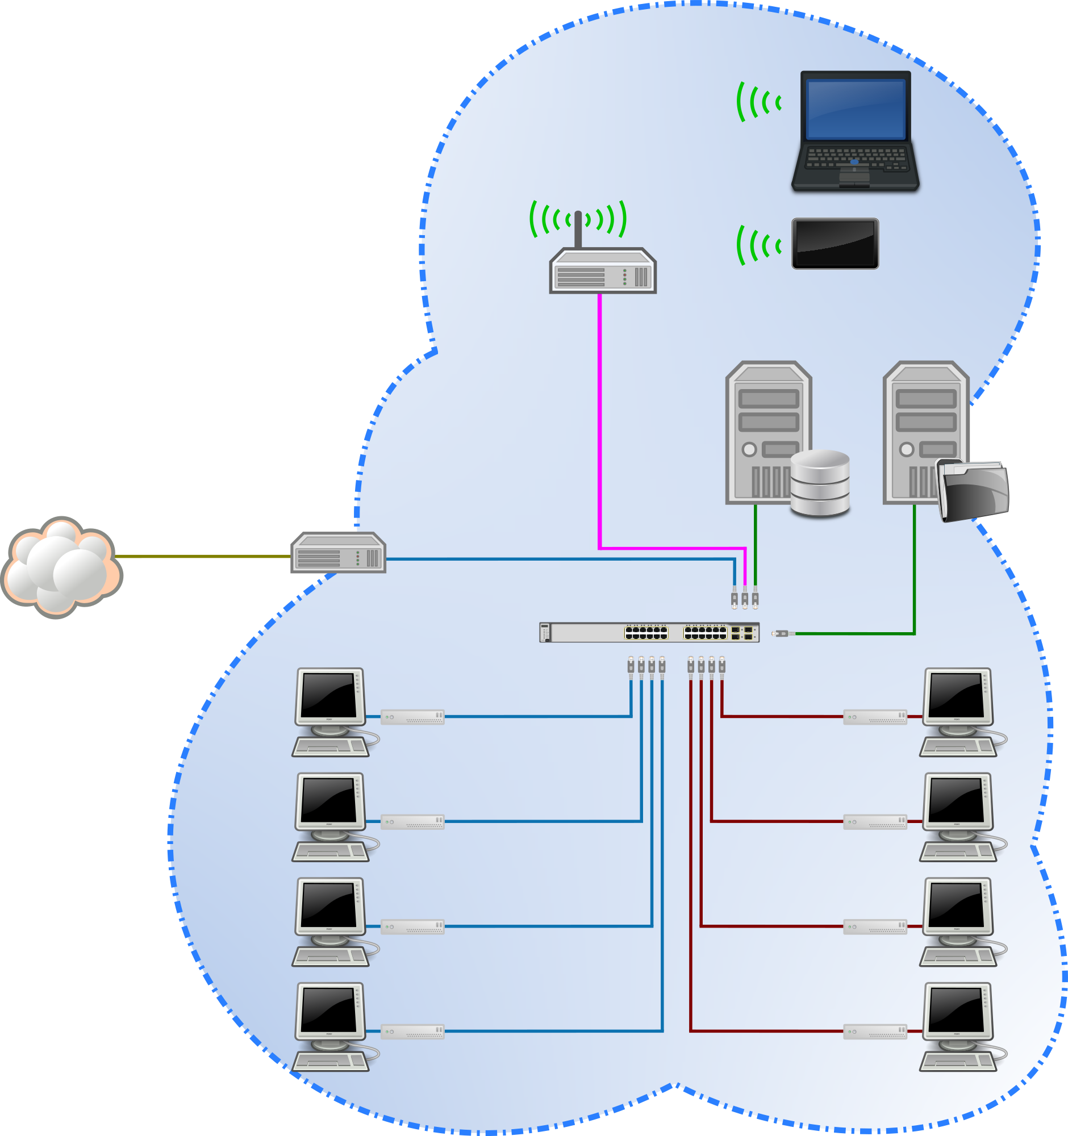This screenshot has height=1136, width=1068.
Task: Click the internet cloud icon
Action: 61,566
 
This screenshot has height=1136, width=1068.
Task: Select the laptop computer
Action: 855,130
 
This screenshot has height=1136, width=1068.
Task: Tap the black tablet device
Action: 835,244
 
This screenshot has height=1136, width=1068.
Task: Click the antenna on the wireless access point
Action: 578,229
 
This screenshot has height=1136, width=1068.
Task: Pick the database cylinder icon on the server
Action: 820,483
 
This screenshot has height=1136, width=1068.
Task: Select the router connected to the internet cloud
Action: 338,553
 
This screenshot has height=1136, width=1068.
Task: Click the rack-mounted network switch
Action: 649,633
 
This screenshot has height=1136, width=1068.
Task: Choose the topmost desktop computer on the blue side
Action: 331,712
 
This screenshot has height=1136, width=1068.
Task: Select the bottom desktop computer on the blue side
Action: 331,1027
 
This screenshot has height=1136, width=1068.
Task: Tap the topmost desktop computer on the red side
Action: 959,712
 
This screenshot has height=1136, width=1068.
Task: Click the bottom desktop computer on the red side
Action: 959,1027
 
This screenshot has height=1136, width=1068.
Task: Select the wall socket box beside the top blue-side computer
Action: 412,717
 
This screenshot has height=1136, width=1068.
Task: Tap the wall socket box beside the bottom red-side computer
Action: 875,1032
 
